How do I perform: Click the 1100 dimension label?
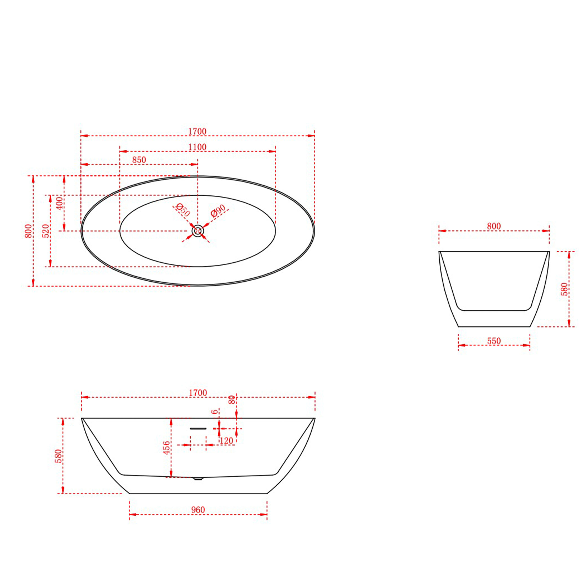(197, 147)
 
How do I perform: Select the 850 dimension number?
(139, 160)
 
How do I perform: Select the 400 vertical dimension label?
(60, 203)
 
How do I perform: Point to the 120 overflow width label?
(226, 441)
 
